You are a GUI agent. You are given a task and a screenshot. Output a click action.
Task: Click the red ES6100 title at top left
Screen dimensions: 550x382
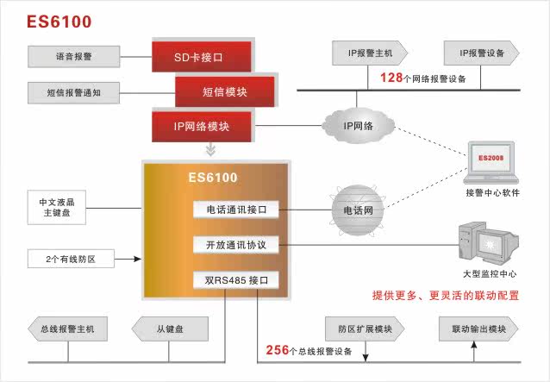(59, 22)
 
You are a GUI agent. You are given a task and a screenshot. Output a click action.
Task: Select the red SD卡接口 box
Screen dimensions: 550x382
(202, 56)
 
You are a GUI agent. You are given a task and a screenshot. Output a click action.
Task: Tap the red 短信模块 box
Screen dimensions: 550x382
(224, 91)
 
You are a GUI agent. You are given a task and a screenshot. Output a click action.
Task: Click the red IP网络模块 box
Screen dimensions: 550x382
(202, 126)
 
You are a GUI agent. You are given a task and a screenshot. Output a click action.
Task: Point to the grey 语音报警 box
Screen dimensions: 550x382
(73, 56)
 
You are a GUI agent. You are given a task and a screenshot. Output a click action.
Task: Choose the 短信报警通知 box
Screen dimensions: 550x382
(73, 92)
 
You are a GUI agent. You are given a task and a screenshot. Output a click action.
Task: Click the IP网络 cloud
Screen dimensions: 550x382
(358, 126)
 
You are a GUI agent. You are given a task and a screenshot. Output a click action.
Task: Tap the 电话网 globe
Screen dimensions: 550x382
(358, 210)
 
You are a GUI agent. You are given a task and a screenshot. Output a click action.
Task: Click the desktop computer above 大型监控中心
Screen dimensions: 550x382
(489, 243)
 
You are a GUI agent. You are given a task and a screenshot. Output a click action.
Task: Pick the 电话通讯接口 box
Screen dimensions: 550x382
(235, 210)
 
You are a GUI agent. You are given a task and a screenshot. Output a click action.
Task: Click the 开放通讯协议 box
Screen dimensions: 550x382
(235, 245)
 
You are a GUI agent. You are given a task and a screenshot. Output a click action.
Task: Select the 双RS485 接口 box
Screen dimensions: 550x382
(235, 280)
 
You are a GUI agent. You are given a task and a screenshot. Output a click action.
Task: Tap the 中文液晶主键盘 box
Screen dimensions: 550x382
(57, 207)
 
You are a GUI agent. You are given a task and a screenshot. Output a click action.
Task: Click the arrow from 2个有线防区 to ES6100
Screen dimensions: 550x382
(128, 260)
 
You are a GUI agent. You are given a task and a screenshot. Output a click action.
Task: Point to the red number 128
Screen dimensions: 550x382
(391, 78)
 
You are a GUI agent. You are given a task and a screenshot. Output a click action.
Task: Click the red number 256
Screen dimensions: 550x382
(277, 350)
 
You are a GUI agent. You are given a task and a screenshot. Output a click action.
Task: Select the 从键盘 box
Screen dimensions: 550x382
(170, 329)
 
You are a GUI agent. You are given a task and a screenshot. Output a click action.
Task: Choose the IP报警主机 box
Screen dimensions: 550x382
(370, 53)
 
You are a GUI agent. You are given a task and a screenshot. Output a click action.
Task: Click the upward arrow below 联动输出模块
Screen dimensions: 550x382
(474, 352)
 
